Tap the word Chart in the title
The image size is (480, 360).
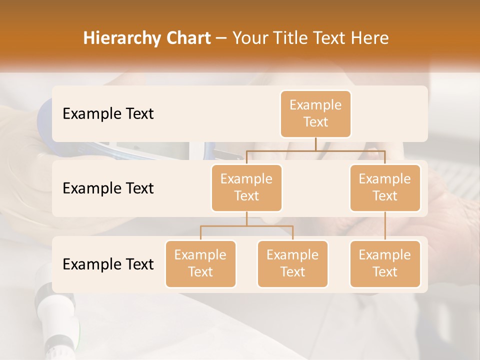187,38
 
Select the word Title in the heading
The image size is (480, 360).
292,38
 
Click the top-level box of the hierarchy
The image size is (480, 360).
315,113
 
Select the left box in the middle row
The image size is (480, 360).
246,187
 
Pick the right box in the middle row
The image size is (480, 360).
385,187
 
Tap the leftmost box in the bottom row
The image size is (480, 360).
200,263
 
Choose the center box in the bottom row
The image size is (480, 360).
292,263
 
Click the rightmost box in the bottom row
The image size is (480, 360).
385,263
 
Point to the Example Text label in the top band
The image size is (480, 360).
108,113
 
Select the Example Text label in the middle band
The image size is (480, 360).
108,188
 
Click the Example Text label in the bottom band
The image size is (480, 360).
108,264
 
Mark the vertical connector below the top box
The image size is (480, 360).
315,143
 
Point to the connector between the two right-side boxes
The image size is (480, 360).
385,226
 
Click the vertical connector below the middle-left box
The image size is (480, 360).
246,218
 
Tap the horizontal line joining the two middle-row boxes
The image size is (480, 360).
315,150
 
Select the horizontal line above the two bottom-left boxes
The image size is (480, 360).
246,226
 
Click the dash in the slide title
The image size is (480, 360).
221,38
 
